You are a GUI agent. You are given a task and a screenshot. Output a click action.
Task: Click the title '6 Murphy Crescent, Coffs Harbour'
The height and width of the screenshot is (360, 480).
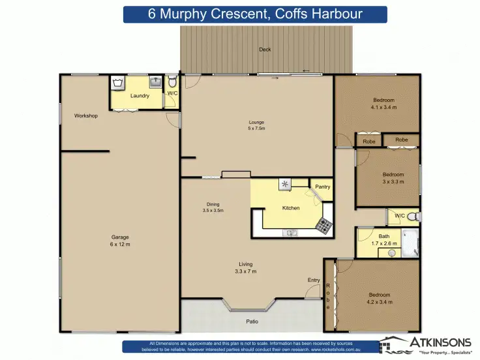[255, 14]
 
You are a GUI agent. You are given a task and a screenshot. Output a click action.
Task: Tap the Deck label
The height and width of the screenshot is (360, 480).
[265, 50]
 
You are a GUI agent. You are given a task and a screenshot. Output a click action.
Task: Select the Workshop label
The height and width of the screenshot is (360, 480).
[85, 115]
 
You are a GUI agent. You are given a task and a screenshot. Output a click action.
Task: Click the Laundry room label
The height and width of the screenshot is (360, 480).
[140, 96]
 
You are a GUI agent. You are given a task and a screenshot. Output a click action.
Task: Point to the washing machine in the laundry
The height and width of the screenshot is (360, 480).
[118, 83]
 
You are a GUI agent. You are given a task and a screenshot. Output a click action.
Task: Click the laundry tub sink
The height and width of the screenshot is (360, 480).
[157, 83]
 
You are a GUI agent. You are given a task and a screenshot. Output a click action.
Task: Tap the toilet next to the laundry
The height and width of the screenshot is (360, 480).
[172, 82]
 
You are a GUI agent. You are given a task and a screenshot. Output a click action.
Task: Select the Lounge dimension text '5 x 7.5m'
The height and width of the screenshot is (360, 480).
[256, 128]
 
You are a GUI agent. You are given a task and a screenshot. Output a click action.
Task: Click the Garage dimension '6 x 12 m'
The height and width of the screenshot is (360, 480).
[120, 244]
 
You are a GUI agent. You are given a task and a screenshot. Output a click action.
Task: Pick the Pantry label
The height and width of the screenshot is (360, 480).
[322, 187]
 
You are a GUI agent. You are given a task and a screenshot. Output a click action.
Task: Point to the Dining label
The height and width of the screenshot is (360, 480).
[213, 204]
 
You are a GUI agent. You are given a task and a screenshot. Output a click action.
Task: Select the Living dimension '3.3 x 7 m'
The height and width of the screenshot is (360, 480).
[245, 271]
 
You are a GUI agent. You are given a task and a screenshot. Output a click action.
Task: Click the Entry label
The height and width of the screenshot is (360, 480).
[314, 280]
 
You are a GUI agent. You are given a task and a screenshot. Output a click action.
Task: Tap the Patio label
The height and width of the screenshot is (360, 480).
[252, 322]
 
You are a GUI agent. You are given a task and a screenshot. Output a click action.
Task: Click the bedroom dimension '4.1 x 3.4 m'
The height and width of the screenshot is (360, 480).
[383, 107]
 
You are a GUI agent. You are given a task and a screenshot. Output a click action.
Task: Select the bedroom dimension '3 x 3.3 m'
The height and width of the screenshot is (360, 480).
[393, 182]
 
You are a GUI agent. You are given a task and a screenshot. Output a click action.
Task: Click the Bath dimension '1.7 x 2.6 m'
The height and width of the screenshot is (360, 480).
[383, 243]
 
